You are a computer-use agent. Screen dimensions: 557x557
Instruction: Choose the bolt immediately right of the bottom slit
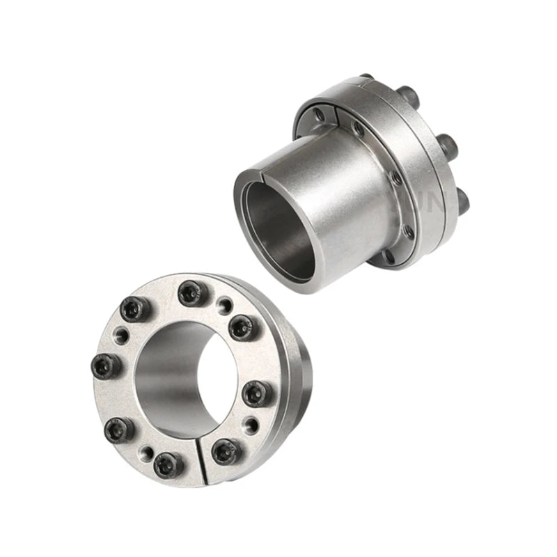225,451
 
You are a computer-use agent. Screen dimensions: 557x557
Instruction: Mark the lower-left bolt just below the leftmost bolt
116,430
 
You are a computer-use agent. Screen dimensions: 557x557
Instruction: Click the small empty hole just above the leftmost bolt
119,334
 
